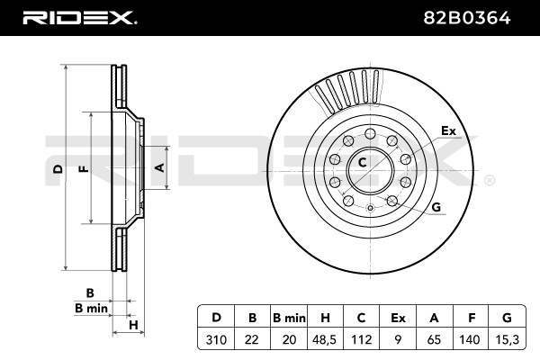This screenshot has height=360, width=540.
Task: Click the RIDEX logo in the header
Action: coord(80,16)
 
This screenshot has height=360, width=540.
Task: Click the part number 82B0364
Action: coord(481,16)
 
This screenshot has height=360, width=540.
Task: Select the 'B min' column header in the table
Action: coord(289,317)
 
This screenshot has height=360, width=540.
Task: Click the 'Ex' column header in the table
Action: coord(398,317)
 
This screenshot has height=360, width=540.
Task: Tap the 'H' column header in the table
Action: coord(325,317)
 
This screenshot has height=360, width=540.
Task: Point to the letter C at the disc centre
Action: coord(363,163)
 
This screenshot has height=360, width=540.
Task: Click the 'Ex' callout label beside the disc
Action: coord(448,131)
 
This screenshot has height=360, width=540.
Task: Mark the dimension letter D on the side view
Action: coord(57,169)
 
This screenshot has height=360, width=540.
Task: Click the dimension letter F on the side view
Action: coord(82,169)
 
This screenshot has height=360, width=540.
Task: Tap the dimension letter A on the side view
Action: coord(159,167)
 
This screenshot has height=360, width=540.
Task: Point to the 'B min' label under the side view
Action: coord(91,308)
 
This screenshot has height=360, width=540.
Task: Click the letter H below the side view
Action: coord(132,324)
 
